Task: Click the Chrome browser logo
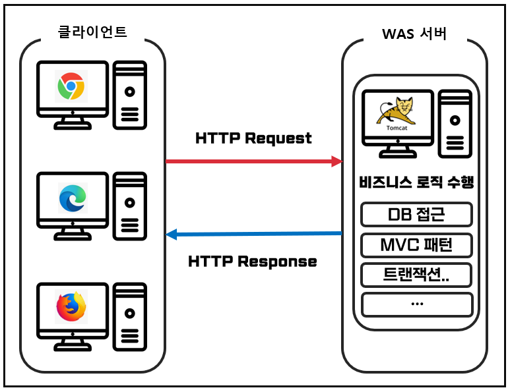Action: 71,86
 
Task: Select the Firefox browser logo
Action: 71,306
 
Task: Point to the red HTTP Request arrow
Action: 254,161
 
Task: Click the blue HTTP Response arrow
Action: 254,234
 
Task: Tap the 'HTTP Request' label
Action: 253,138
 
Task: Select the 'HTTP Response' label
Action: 253,262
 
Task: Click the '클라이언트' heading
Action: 93,32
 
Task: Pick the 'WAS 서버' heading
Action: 414,34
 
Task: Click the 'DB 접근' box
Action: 417,214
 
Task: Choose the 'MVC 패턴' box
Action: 417,245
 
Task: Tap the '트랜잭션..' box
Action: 417,274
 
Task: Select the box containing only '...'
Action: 417,304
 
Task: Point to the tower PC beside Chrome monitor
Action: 129,94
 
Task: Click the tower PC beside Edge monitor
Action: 129,204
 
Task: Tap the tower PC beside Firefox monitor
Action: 129,316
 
